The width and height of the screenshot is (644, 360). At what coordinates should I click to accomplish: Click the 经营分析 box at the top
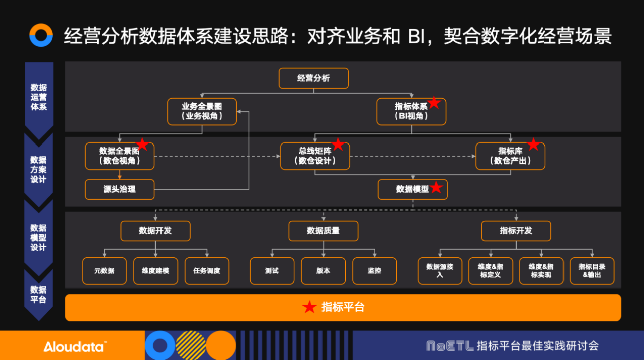coord(313,78)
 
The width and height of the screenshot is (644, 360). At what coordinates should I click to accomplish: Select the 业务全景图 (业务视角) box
coord(202,112)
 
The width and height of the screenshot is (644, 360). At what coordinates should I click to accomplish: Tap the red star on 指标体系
coord(434,103)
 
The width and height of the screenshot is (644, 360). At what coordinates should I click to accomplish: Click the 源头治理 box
coord(119,189)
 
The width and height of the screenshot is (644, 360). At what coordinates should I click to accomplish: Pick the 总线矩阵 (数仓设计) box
coord(314,156)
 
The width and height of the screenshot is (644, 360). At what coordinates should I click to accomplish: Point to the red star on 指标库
coord(533,145)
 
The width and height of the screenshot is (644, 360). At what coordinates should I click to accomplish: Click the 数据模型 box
coord(413,189)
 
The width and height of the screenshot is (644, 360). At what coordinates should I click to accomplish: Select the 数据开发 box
coord(155,231)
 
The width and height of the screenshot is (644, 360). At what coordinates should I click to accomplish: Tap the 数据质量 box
coord(323,231)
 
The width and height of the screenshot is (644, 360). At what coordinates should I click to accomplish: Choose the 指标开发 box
coord(516,231)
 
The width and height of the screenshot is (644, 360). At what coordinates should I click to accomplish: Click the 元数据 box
coord(104,271)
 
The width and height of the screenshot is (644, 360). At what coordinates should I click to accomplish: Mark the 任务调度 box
coord(207,271)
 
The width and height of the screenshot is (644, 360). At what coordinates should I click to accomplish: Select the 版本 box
coord(323,271)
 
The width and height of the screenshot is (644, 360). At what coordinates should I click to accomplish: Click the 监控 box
coord(374,271)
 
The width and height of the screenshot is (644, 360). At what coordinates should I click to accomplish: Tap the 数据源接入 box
coord(440,271)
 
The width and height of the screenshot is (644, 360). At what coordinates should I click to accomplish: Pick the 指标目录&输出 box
coord(592,271)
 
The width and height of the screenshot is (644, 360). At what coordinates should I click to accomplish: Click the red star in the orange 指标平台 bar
coord(309,307)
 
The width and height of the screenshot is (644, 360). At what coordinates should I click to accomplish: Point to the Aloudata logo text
coord(74,346)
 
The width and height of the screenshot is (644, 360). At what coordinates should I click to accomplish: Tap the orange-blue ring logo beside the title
coord(41,35)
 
